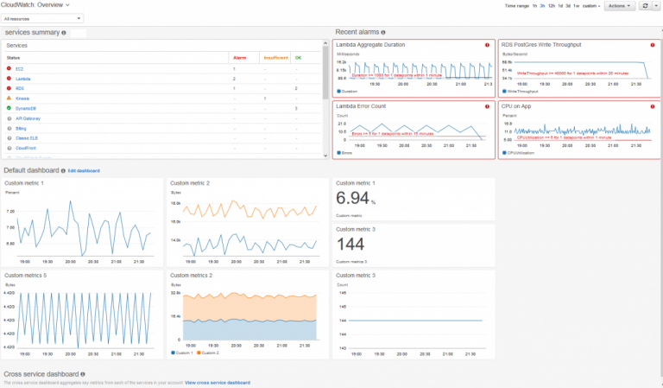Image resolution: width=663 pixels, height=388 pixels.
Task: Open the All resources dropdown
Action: tap(42, 17)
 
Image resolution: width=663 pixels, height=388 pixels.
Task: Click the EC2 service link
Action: tap(19, 67)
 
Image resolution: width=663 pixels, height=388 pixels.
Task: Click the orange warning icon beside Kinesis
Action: tap(9, 99)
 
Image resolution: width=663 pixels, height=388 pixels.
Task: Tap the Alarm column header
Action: tap(239, 57)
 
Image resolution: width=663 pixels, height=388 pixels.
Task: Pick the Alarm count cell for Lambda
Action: tap(234, 78)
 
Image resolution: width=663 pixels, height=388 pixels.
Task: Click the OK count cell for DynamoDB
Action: tap(295, 108)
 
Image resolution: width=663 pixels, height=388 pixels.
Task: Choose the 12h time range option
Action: tap(550, 6)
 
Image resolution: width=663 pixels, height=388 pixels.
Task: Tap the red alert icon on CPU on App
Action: tap(652, 105)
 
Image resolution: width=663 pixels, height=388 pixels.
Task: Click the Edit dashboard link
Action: tap(84, 170)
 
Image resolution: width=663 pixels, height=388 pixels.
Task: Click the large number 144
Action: tap(350, 245)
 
